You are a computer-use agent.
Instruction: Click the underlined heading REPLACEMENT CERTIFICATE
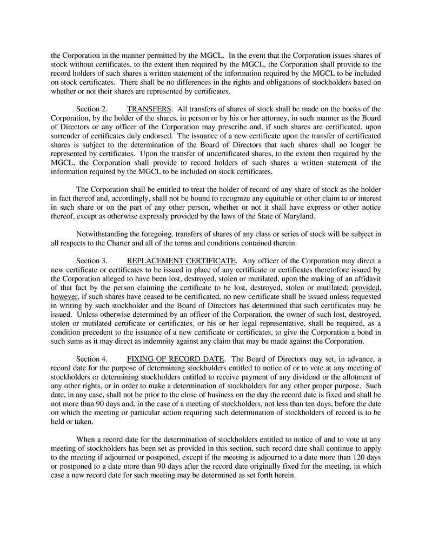(x=181, y=261)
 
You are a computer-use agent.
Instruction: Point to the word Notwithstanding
(x=104, y=234)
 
